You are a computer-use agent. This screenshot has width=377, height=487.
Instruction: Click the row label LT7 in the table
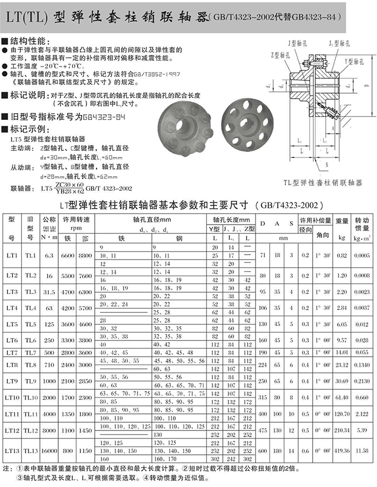click(12, 353)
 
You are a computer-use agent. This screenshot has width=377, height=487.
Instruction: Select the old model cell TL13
click(31, 451)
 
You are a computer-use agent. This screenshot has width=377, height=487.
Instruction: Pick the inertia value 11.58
click(363, 451)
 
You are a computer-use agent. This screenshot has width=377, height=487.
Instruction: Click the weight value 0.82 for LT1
click(342, 255)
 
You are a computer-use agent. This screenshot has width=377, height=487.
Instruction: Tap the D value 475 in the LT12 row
click(262, 430)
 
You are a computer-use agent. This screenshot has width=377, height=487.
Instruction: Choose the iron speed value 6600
click(67, 255)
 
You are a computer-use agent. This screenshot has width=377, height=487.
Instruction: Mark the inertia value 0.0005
click(363, 255)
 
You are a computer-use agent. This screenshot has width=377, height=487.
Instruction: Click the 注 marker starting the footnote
click(6, 469)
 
